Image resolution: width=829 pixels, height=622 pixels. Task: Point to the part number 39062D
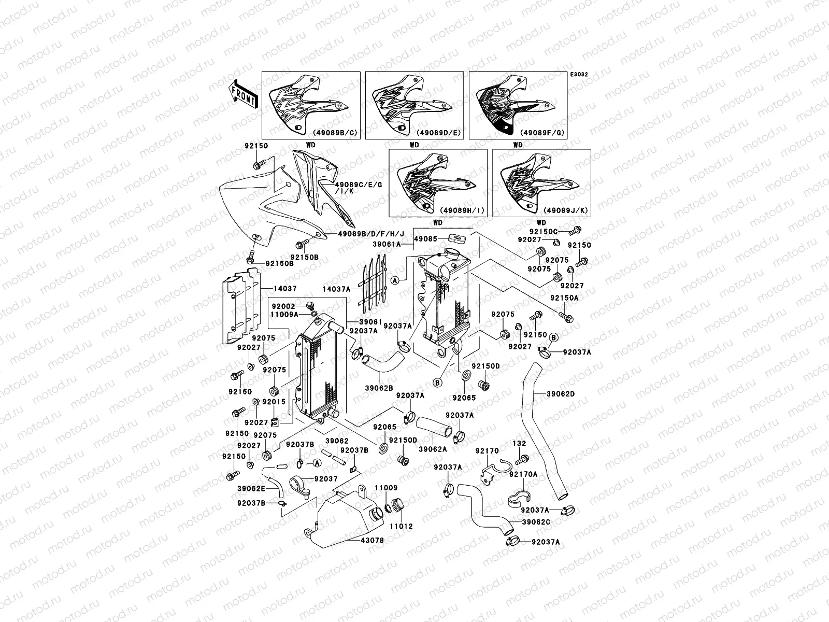(561, 394)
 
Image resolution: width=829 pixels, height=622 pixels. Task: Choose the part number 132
(519, 444)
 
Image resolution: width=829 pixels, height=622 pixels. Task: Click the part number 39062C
(536, 521)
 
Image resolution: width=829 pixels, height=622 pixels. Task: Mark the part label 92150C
(543, 231)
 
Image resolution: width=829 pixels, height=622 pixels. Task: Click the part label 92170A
(523, 474)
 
